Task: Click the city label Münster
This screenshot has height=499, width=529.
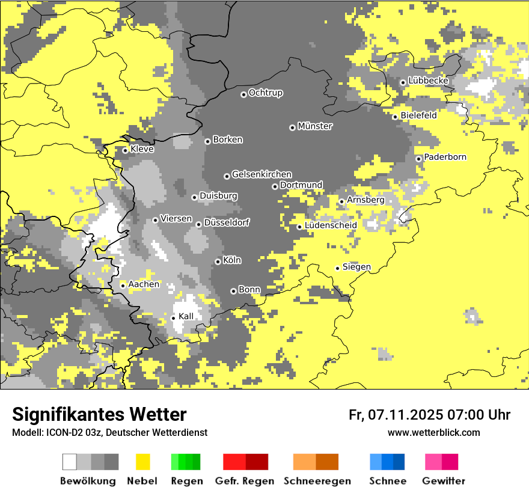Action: [315, 126]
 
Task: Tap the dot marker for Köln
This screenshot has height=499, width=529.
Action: [218, 262]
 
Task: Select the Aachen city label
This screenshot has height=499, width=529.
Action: [144, 284]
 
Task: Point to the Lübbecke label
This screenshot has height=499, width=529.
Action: [428, 81]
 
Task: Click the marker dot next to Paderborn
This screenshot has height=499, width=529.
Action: [418, 159]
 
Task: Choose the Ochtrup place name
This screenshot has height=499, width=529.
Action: [265, 93]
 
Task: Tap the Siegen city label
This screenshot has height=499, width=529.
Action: [356, 267]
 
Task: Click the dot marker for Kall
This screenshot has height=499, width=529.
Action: [174, 318]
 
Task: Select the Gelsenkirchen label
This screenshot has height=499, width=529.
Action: [261, 174]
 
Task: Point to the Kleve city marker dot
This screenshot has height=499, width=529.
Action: [125, 150]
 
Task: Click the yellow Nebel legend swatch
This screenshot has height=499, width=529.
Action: [142, 462]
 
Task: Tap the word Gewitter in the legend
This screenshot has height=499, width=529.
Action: [443, 481]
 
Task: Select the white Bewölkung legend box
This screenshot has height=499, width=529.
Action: [70, 462]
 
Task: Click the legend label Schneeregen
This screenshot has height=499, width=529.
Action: [317, 481]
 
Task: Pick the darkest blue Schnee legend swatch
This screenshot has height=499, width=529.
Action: [399, 462]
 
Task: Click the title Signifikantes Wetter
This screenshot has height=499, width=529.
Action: [99, 414]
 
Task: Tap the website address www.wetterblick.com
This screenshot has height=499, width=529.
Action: [433, 432]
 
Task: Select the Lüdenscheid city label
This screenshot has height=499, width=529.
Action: [331, 225]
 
